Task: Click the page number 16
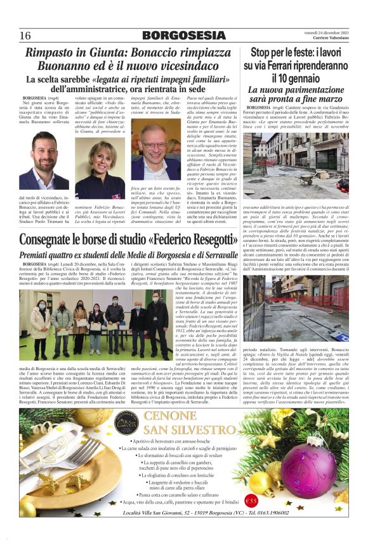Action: pyautogui.click(x=25, y=35)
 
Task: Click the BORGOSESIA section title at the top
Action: pyautogui.click(x=183, y=35)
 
